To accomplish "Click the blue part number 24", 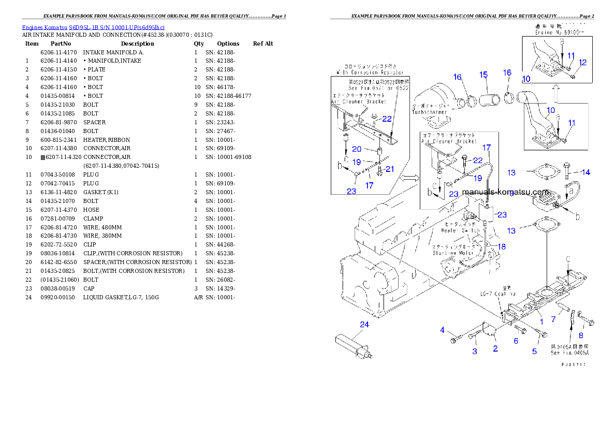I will pyautogui.click(x=365, y=325).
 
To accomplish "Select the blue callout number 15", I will pyautogui.click(x=483, y=76).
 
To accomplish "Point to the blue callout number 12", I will pyautogui.click(x=582, y=63).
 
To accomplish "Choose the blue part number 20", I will pyautogui.click(x=357, y=149).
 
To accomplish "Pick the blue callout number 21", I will pyautogui.click(x=390, y=169).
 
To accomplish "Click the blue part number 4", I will pyautogui.click(x=443, y=330).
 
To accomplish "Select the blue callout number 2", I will pyautogui.click(x=495, y=349).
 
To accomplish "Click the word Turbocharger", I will pyautogui.click(x=429, y=111).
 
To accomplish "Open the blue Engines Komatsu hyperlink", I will pyautogui.click(x=93, y=27).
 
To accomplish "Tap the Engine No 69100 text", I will pyautogui.click(x=560, y=32).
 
